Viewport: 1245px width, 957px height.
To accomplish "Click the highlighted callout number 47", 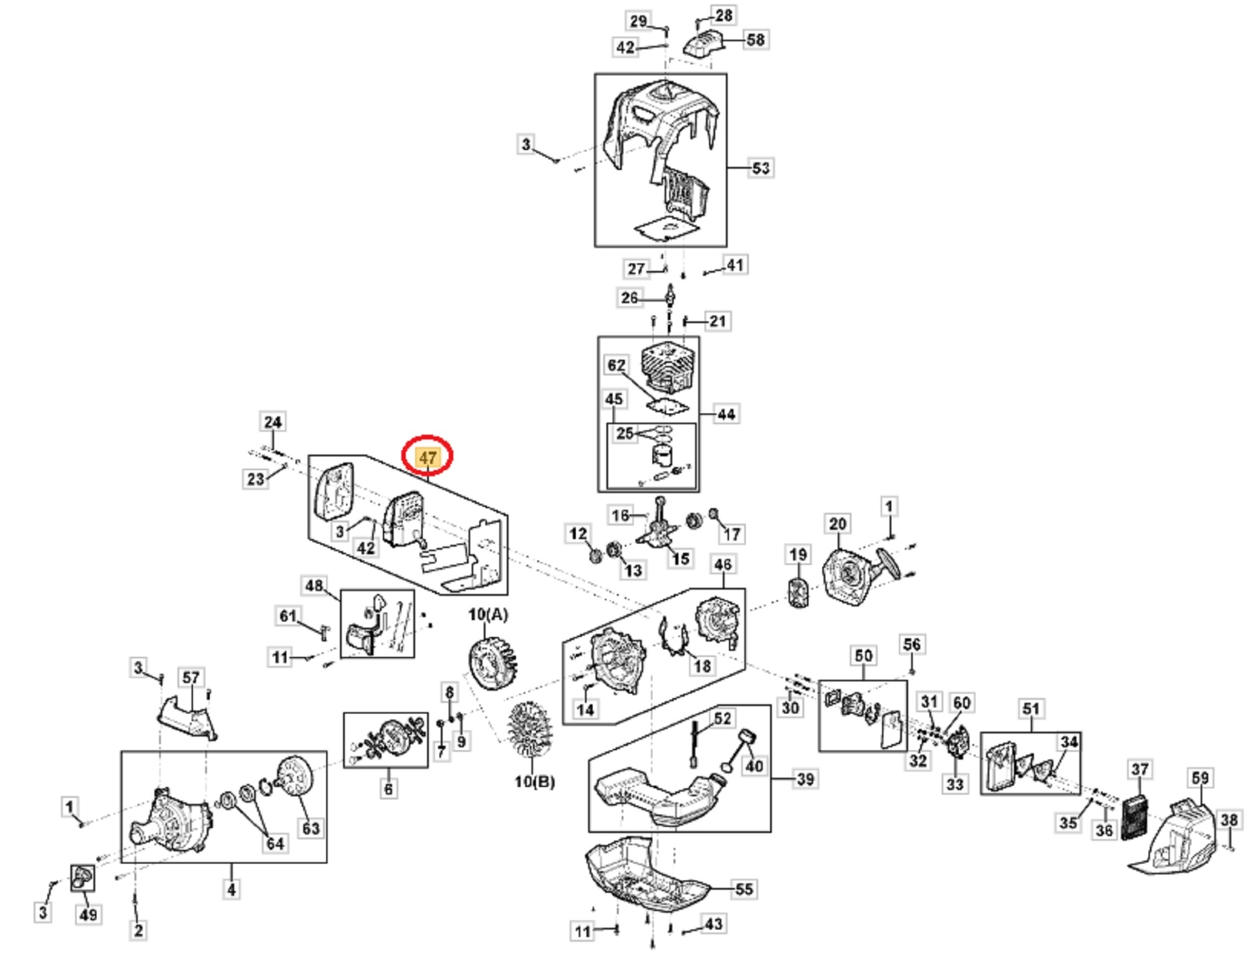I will [x=428, y=458].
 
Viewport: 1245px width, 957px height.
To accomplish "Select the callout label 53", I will [x=760, y=168].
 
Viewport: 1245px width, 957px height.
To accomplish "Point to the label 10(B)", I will [x=534, y=781].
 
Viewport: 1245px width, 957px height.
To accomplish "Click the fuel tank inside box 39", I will [x=660, y=797].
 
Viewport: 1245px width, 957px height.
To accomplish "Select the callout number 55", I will [x=744, y=889].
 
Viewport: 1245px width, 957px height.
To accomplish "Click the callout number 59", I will [x=1200, y=778].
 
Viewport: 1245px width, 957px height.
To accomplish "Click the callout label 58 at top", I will [x=754, y=40].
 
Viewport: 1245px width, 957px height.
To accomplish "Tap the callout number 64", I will [x=275, y=843].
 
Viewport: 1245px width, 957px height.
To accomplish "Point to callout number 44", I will [x=726, y=414].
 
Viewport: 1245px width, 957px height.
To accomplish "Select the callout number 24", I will [x=273, y=422].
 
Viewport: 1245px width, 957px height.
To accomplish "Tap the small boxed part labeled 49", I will [x=82, y=878].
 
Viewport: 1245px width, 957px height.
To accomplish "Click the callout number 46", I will [x=722, y=565].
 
